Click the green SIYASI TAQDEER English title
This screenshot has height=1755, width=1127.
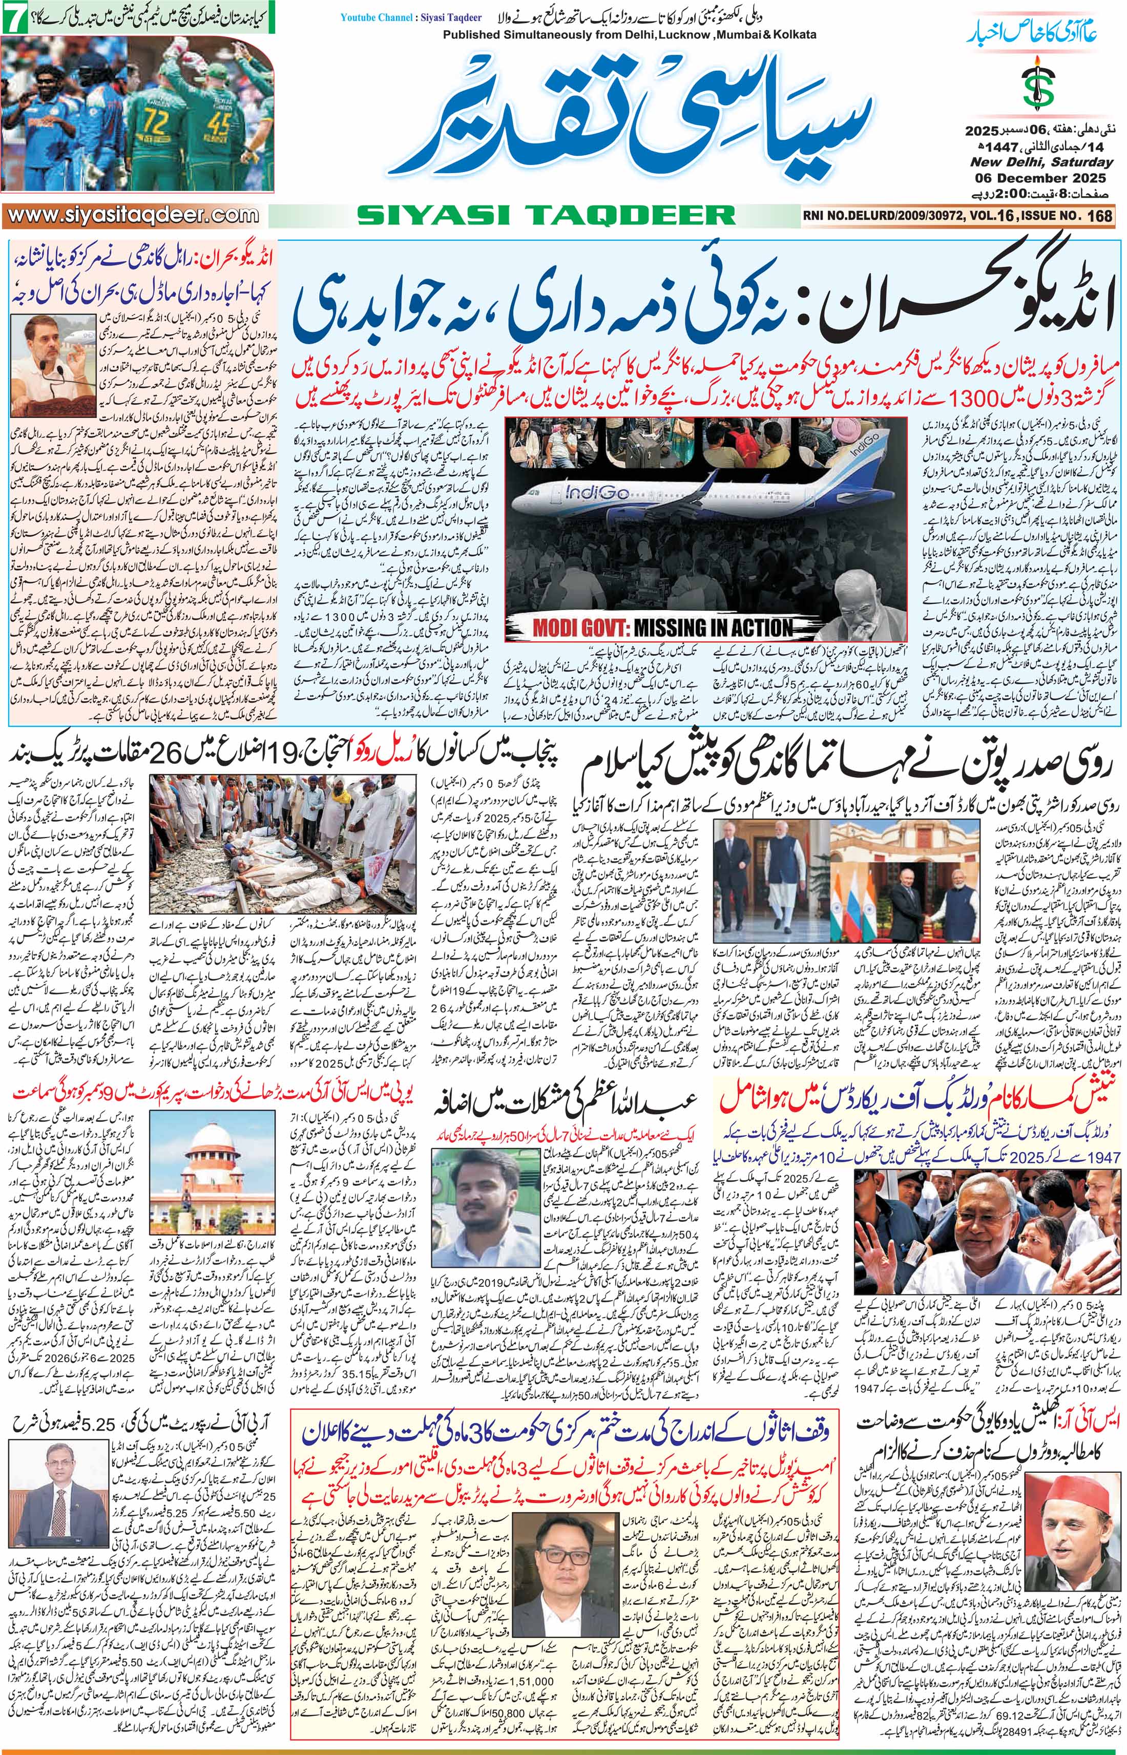545,215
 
